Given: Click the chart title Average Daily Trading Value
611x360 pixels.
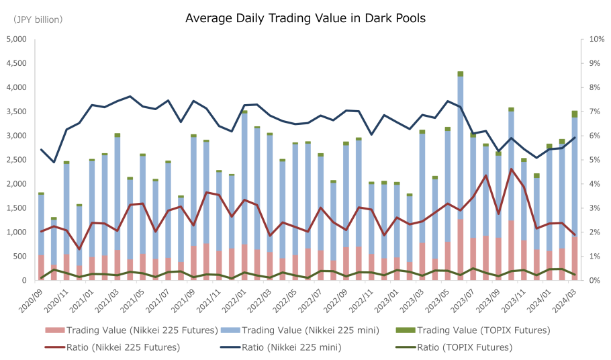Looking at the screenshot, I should click(x=305, y=18).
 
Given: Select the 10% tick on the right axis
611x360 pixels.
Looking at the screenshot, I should click(x=597, y=39).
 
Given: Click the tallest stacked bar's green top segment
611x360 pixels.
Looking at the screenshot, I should click(x=461, y=74).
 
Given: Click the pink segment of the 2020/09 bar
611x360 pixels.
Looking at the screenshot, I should click(x=41, y=267).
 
